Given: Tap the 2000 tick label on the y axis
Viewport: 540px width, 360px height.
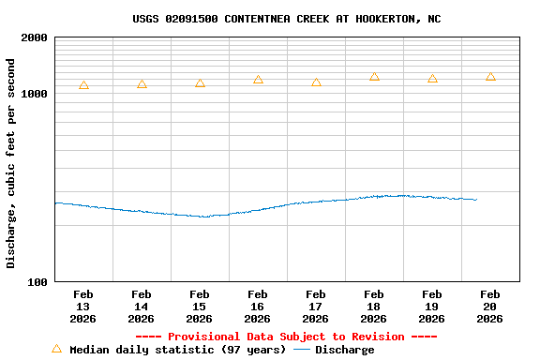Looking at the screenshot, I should pyautogui.click(x=35, y=38).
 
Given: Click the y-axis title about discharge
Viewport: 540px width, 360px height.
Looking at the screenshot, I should pyautogui.click(x=11, y=163).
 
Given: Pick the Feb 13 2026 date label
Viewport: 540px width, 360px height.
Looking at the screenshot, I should pyautogui.click(x=83, y=307).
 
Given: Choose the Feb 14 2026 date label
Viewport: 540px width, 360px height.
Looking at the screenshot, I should pyautogui.click(x=142, y=307).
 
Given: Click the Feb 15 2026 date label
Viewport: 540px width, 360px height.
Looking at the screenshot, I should pyautogui.click(x=200, y=307).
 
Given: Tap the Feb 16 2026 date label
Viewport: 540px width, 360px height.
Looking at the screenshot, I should pyautogui.click(x=258, y=307).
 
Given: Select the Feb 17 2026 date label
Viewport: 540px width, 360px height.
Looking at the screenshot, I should pyautogui.click(x=316, y=307).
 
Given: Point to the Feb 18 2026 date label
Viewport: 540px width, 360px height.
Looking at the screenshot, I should pyautogui.click(x=374, y=307).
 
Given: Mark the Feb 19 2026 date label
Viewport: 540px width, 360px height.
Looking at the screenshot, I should pyautogui.click(x=432, y=307).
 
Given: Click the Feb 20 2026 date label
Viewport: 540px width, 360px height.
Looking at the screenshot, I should pyautogui.click(x=490, y=307).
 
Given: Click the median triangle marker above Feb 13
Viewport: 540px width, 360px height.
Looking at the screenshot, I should pyautogui.click(x=83, y=85).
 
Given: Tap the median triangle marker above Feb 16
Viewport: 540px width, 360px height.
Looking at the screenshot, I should pyautogui.click(x=258, y=81).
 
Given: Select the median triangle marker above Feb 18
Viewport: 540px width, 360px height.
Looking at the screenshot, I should pyautogui.click(x=374, y=77).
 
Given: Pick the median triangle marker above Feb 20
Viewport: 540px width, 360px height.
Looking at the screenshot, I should pyautogui.click(x=490, y=77).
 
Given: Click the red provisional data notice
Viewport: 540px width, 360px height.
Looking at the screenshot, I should pyautogui.click(x=286, y=337).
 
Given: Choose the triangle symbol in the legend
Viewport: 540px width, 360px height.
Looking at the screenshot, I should pyautogui.click(x=56, y=349).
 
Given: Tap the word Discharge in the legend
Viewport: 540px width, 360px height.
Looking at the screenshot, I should pyautogui.click(x=344, y=350).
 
